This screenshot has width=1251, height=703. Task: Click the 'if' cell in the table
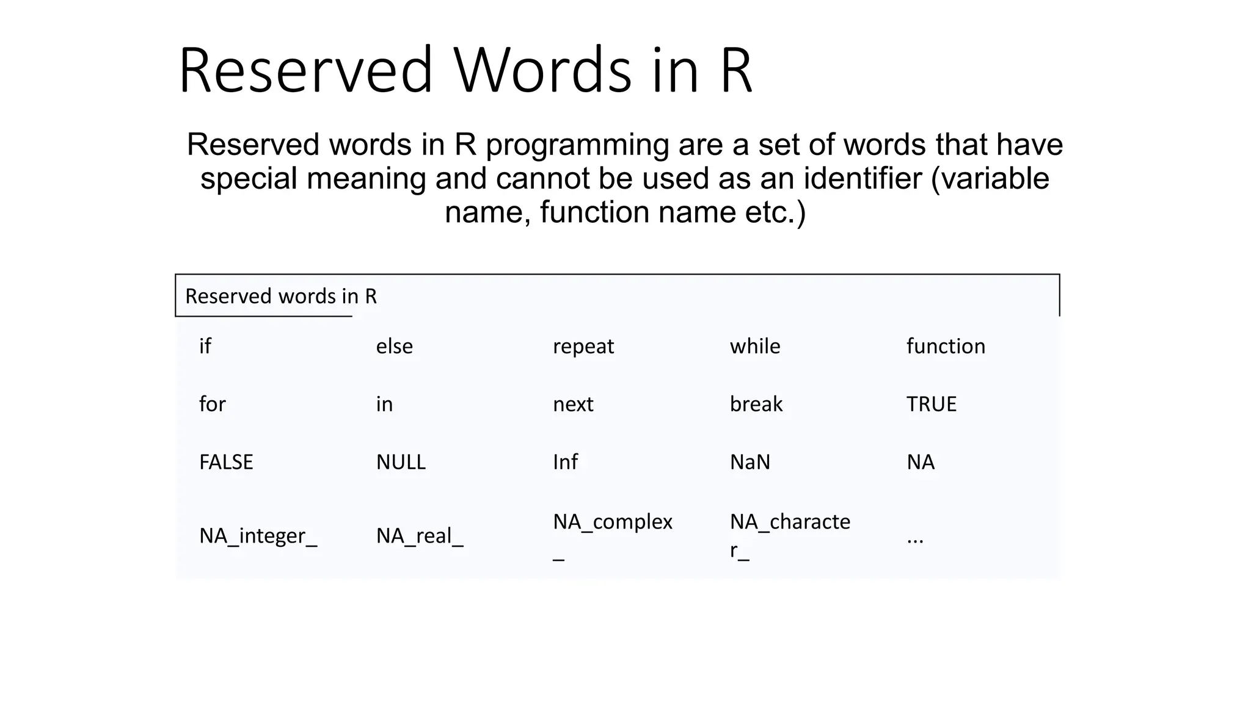pos(205,347)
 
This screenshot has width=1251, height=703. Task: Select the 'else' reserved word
pos(394,347)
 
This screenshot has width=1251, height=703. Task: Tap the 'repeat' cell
pos(583,347)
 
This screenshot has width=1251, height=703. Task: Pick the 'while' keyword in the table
pos(754,347)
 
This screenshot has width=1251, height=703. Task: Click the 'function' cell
pos(945,347)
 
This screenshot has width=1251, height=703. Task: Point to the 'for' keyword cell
pos(212,404)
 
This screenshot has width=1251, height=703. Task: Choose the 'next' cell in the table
pos(572,404)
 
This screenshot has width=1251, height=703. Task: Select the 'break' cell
pos(756,404)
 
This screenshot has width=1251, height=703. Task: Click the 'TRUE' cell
pos(931,404)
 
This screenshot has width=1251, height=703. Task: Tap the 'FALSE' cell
pos(225,462)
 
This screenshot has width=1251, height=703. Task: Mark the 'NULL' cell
pos(401,462)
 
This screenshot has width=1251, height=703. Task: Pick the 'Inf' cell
pos(565,462)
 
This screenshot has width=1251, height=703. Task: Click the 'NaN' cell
pos(750,462)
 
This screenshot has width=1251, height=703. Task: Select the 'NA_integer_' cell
pos(258,536)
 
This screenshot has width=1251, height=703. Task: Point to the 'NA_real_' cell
pos(419,536)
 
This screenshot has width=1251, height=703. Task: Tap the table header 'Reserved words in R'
pos(281,297)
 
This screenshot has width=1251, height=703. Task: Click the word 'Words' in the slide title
pos(542,70)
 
